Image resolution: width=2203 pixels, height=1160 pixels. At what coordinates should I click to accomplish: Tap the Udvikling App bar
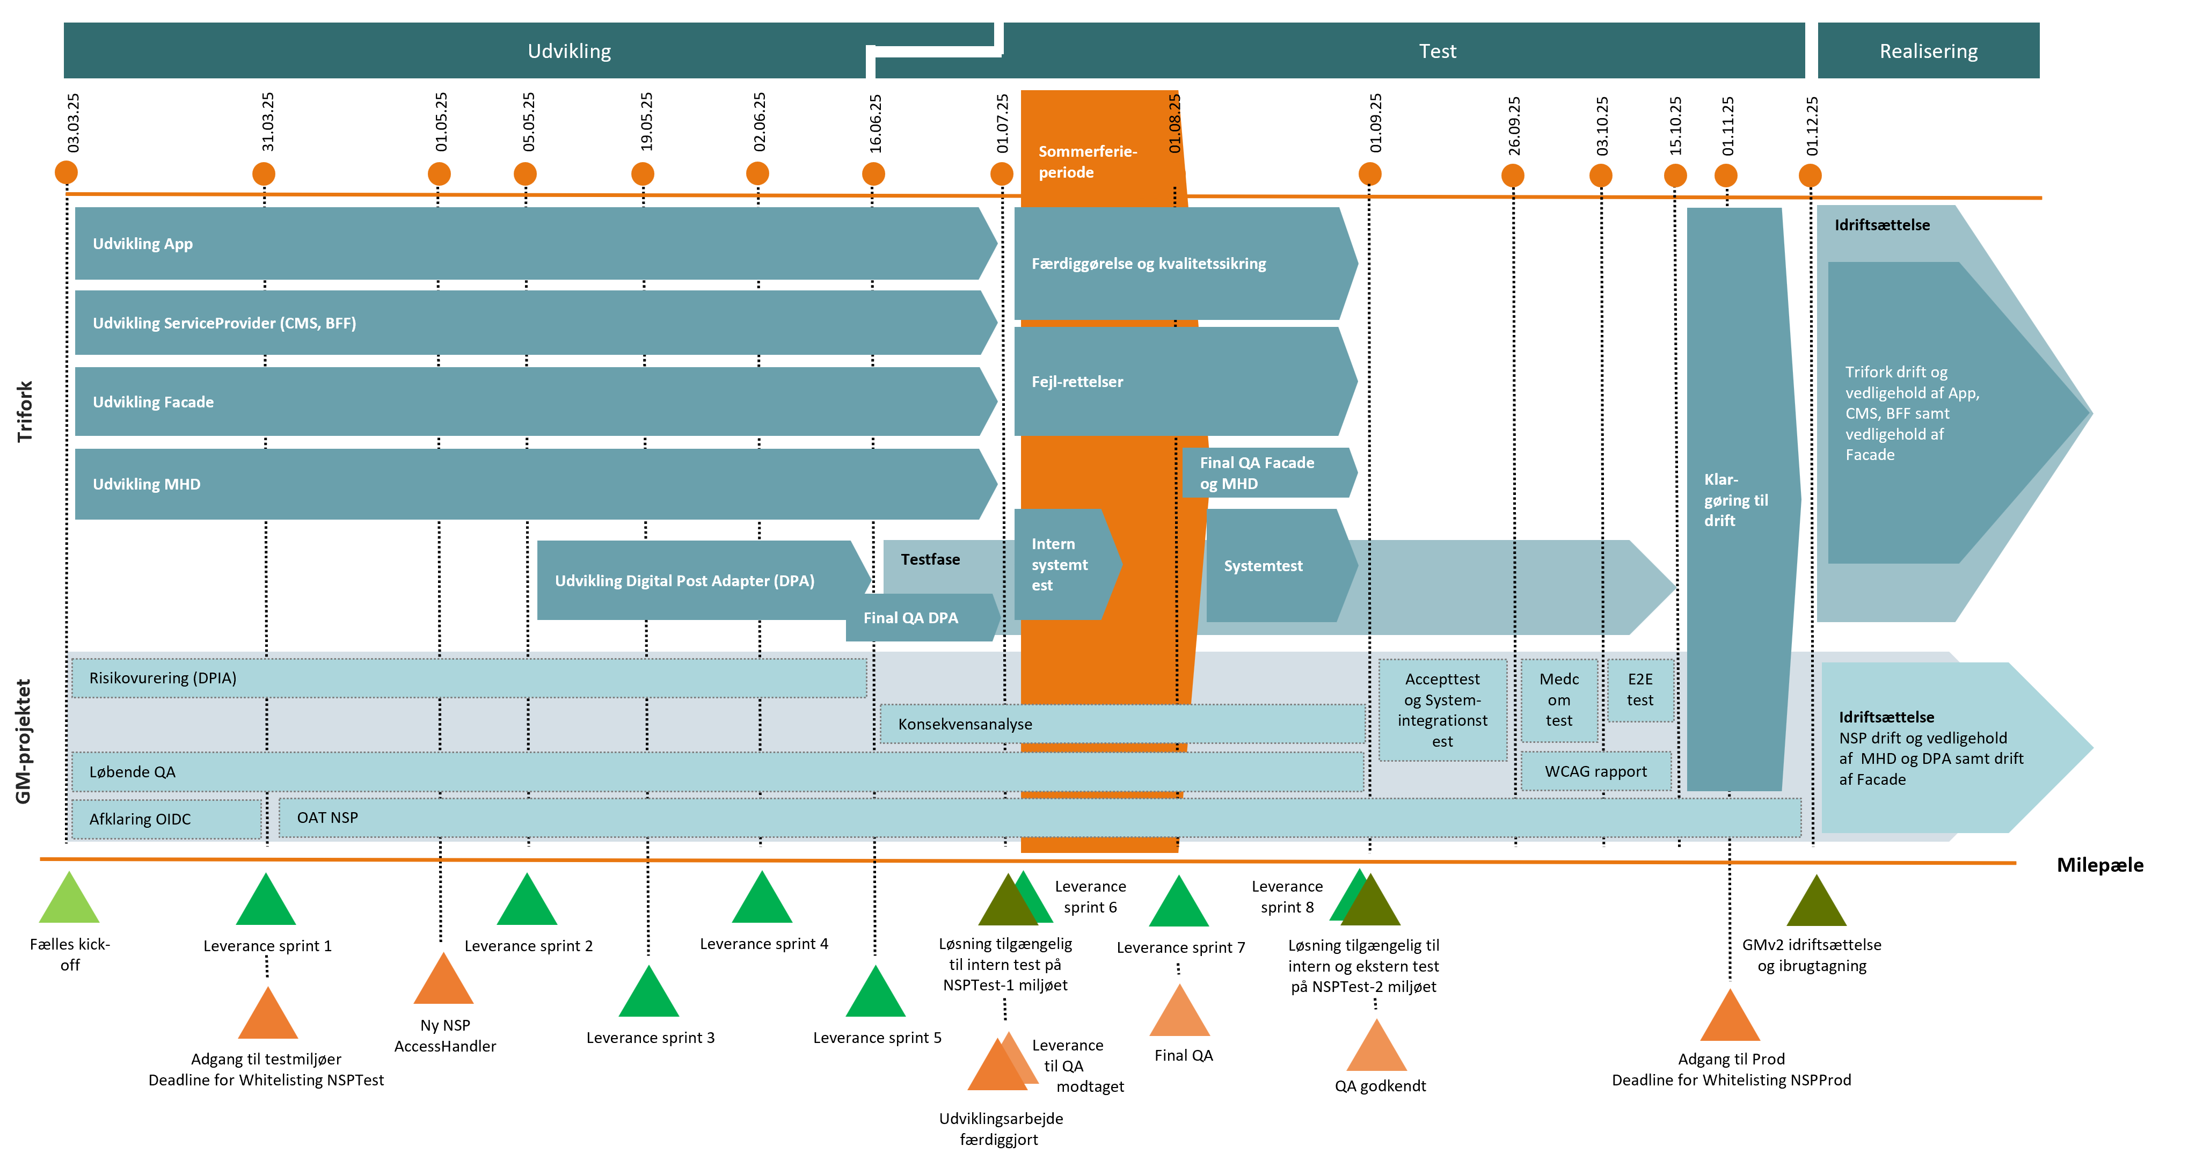530,244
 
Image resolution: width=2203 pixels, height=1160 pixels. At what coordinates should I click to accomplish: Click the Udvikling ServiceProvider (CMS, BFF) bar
530,323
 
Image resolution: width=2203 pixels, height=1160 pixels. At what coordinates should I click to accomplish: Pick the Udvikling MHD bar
530,484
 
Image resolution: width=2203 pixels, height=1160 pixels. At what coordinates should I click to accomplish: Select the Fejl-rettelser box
1180,382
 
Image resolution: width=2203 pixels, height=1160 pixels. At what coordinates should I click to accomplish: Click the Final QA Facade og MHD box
1266,473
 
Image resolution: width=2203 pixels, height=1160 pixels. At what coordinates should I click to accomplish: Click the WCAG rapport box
1595,771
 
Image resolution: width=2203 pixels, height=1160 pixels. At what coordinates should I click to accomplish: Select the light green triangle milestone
69,901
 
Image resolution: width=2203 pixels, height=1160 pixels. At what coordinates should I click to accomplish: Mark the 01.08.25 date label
1174,124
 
